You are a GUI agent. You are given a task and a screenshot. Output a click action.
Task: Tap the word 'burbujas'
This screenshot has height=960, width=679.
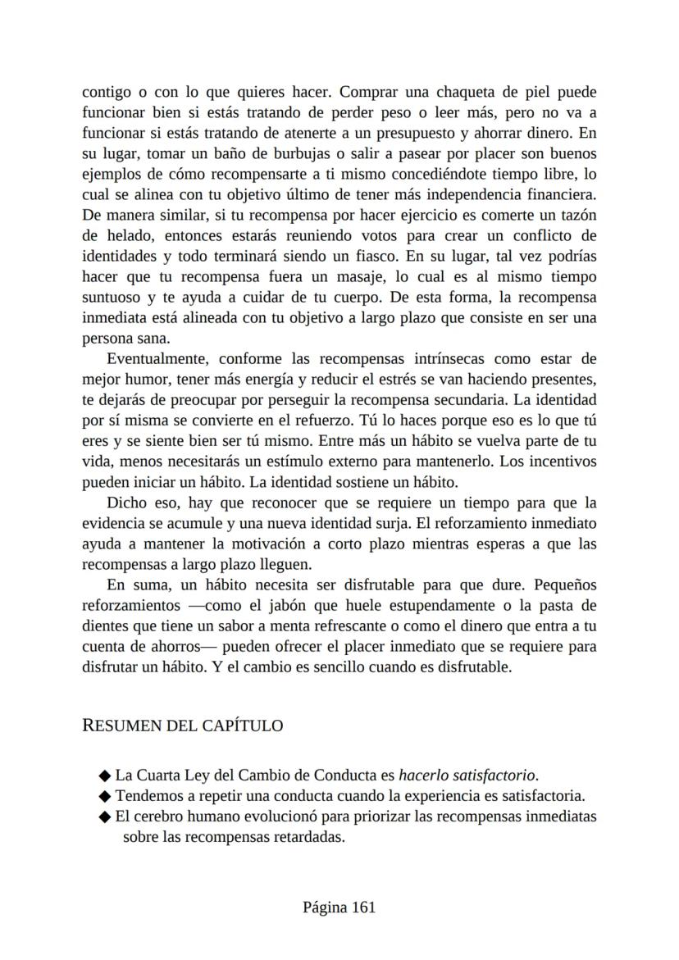pyautogui.click(x=308, y=153)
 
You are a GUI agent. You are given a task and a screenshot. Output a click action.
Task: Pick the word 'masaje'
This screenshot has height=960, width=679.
pyautogui.click(x=386, y=276)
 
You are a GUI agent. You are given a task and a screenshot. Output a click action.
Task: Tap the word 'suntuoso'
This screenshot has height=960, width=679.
pyautogui.click(x=111, y=297)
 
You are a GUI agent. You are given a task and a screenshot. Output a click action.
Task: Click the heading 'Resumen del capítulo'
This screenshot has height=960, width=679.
pyautogui.click(x=183, y=726)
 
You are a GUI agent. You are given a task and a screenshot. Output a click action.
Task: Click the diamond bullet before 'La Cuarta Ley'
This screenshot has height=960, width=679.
pyautogui.click(x=104, y=776)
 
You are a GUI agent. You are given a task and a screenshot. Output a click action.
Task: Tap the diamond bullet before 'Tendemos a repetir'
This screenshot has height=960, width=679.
pyautogui.click(x=104, y=796)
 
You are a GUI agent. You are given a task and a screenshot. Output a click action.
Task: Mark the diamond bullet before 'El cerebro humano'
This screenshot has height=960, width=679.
pyautogui.click(x=104, y=817)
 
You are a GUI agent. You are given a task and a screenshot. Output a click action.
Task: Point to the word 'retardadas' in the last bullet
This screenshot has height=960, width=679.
pyautogui.click(x=304, y=837)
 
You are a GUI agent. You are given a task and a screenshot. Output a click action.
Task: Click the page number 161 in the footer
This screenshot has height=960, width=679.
pyautogui.click(x=363, y=907)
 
